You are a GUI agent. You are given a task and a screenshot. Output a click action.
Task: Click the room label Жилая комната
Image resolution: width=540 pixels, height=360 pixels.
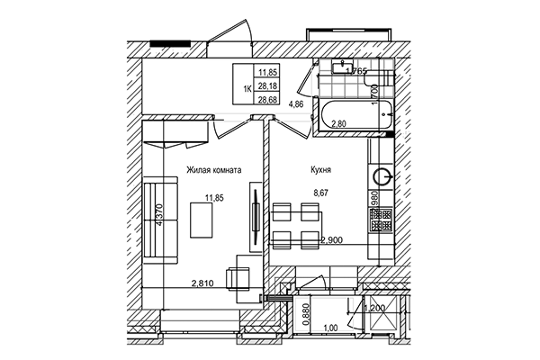click(214, 168)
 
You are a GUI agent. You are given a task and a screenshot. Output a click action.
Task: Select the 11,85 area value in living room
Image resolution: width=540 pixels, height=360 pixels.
click(214, 199)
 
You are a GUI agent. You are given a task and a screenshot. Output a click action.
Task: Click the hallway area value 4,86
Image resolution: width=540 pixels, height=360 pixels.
click(295, 104)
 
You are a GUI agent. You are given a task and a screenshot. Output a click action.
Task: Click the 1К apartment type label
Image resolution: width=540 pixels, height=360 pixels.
click(246, 85)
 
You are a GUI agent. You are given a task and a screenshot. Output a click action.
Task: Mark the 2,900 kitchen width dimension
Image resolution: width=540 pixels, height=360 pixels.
click(334, 240)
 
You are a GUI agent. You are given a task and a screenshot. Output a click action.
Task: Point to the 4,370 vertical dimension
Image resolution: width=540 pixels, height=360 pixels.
click(159, 219)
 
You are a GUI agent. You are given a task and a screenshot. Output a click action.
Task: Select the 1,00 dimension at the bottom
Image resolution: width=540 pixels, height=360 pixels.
click(330, 329)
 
